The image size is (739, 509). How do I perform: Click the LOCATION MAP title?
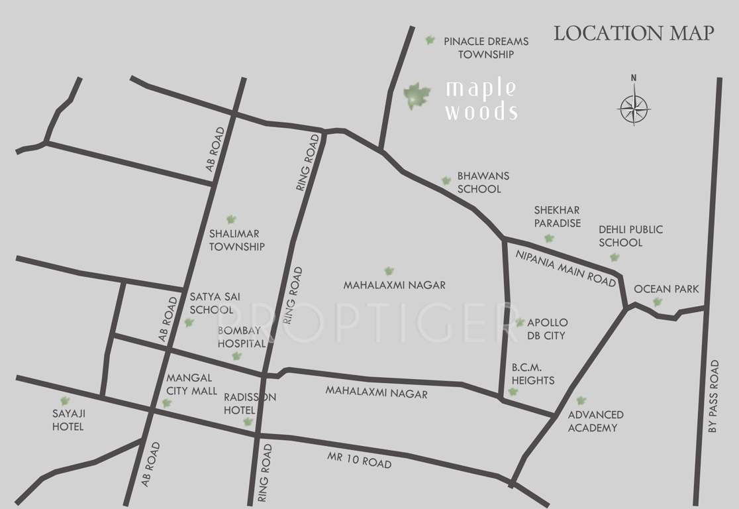point(634,33)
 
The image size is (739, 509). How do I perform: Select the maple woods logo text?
point(481,100)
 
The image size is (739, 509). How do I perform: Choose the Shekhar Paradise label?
point(558,217)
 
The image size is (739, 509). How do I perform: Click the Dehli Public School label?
point(630,236)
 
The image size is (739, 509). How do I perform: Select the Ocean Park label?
point(666,289)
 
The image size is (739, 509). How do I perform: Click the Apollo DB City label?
point(547,329)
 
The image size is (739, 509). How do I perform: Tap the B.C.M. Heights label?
point(532,374)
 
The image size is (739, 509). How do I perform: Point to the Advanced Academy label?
point(595,421)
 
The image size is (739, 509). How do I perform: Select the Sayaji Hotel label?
point(68,420)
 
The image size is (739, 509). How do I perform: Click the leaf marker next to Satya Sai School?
point(189,323)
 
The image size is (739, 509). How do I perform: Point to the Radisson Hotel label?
point(249,403)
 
